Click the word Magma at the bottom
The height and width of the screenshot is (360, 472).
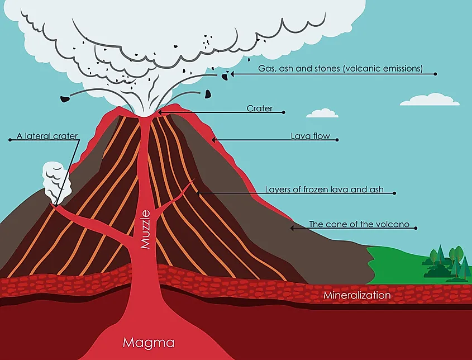[149, 342]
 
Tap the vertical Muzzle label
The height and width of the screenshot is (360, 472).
[146, 229]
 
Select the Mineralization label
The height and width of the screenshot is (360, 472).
[357, 295]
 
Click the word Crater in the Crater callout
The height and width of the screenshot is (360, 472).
[259, 108]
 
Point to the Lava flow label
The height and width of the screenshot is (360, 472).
[311, 136]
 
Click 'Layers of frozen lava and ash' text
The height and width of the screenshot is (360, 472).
[324, 190]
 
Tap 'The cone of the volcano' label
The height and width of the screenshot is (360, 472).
[359, 225]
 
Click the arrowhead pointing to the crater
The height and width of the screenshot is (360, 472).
[160, 112]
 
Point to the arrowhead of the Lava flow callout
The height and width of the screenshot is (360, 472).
[213, 139]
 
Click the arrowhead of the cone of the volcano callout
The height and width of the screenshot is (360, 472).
[291, 228]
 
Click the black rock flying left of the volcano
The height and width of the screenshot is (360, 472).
[64, 100]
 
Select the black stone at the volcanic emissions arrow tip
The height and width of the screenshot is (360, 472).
[223, 75]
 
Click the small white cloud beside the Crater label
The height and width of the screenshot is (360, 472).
[322, 113]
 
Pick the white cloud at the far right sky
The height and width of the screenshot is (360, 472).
[430, 100]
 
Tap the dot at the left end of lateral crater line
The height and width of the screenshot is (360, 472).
[10, 140]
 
